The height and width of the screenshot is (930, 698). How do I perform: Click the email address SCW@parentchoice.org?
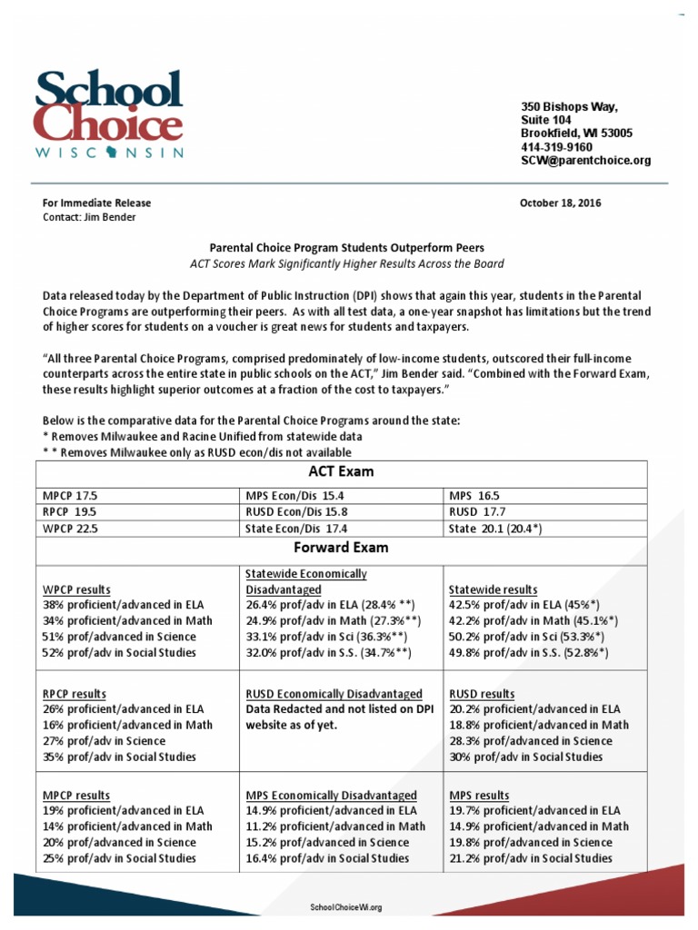[x=585, y=161]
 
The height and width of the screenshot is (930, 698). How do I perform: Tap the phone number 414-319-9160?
[x=556, y=147]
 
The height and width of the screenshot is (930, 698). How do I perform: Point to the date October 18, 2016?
[x=560, y=203]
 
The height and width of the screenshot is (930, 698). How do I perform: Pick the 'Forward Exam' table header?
[x=341, y=548]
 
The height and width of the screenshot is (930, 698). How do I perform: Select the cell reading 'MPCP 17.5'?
[x=70, y=497]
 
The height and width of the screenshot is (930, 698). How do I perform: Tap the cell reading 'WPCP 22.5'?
[x=71, y=528]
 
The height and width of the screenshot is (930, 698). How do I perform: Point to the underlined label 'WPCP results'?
[x=77, y=589]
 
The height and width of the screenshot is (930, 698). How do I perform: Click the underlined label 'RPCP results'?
[x=76, y=693]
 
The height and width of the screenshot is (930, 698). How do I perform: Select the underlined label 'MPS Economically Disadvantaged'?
[x=332, y=796]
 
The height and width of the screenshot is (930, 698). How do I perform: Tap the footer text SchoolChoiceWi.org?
[x=346, y=907]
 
